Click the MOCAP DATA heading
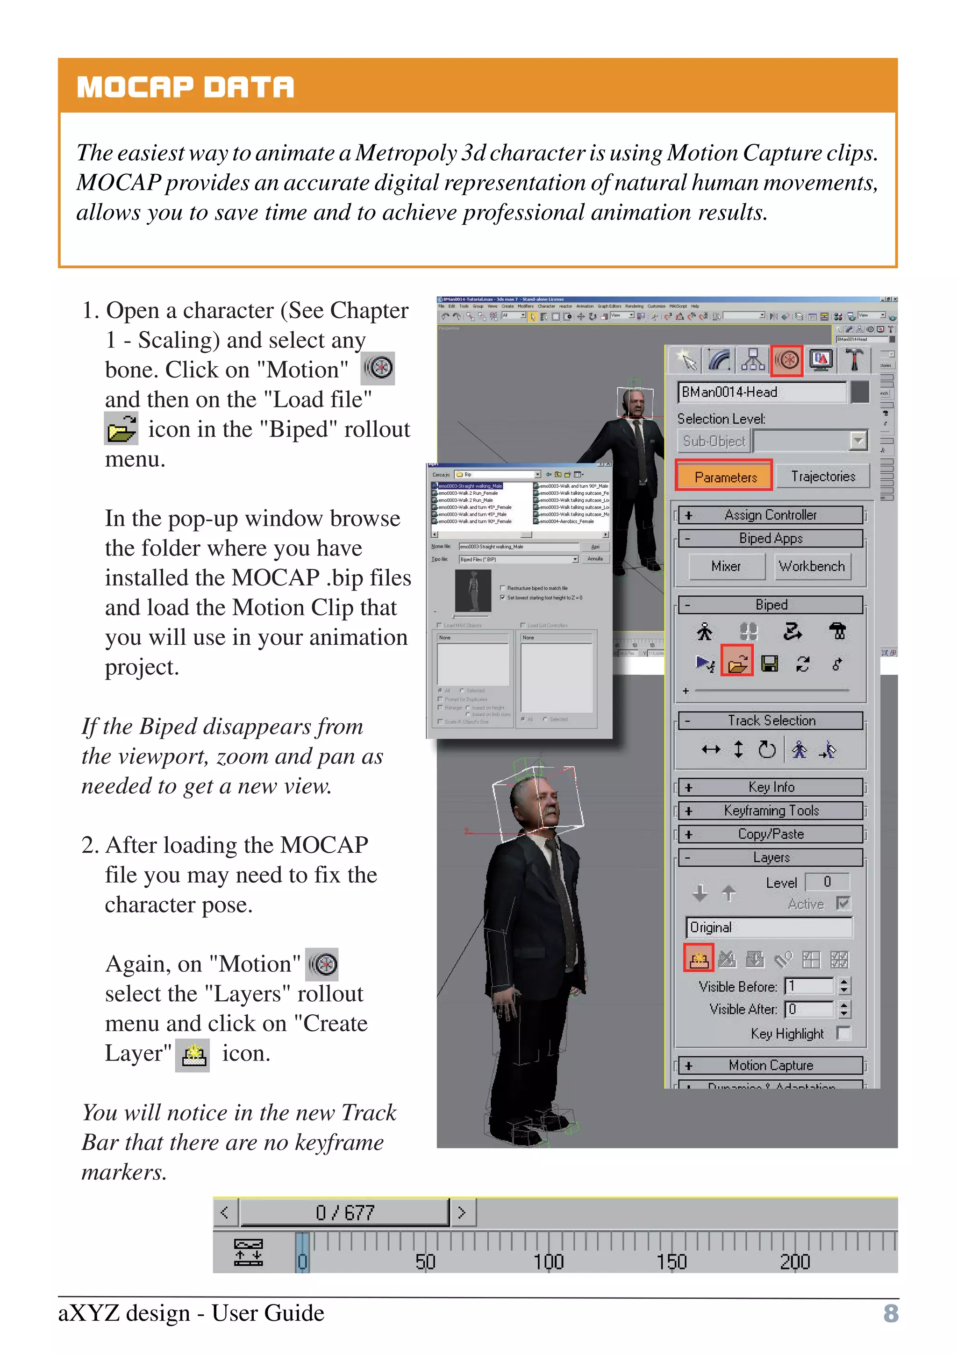tap(185, 87)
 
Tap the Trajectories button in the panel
tap(822, 477)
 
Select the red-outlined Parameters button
tap(724, 477)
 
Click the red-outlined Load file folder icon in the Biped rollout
tap(737, 663)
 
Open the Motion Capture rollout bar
tap(770, 1065)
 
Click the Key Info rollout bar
tap(770, 787)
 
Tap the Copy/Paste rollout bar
tap(770, 834)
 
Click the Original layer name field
tap(769, 927)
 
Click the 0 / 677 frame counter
tap(345, 1212)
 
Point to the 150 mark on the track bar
tap(671, 1261)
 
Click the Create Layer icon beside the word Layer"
tap(193, 1055)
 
